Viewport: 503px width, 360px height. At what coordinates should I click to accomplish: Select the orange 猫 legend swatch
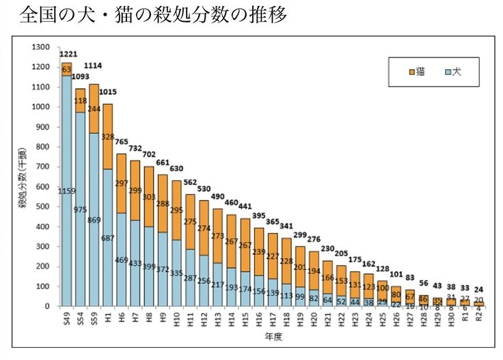(x=412, y=71)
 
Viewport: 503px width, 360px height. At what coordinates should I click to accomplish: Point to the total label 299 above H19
(x=299, y=234)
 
